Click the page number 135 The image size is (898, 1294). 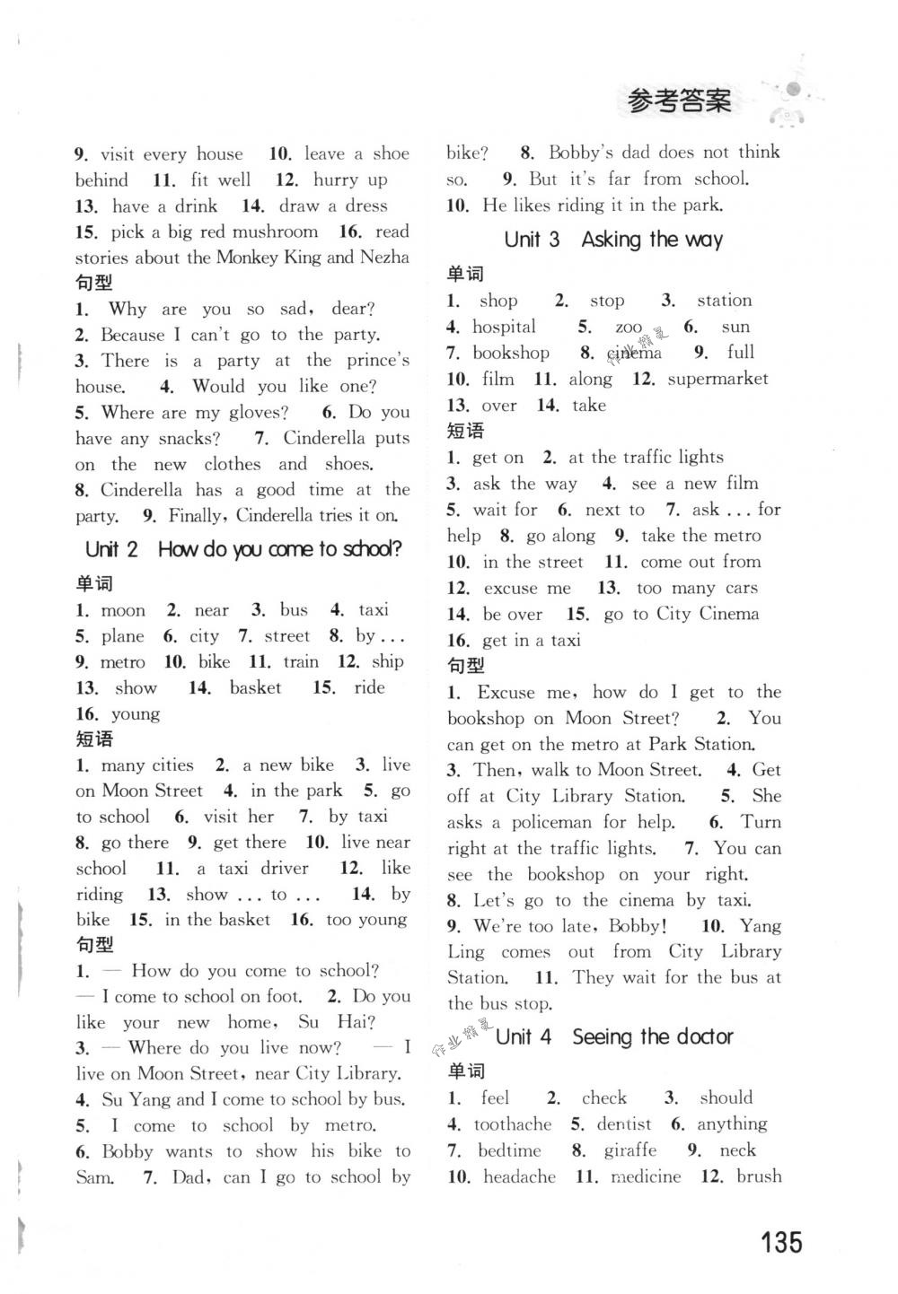pos(780,1243)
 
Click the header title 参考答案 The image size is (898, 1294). pos(678,101)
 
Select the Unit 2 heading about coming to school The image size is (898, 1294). pos(243,549)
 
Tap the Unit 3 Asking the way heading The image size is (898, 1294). pos(613,240)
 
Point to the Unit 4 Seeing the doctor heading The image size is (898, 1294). pos(614,1037)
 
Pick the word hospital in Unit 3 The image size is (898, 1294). pos(504,327)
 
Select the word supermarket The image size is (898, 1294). pos(718,379)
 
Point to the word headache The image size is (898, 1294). pos(519,1176)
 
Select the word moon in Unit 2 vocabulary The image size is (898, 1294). pos(123,611)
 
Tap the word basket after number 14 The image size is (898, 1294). pos(255,688)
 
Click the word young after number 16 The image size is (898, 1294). pos(136,714)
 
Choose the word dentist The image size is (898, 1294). pos(624,1124)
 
